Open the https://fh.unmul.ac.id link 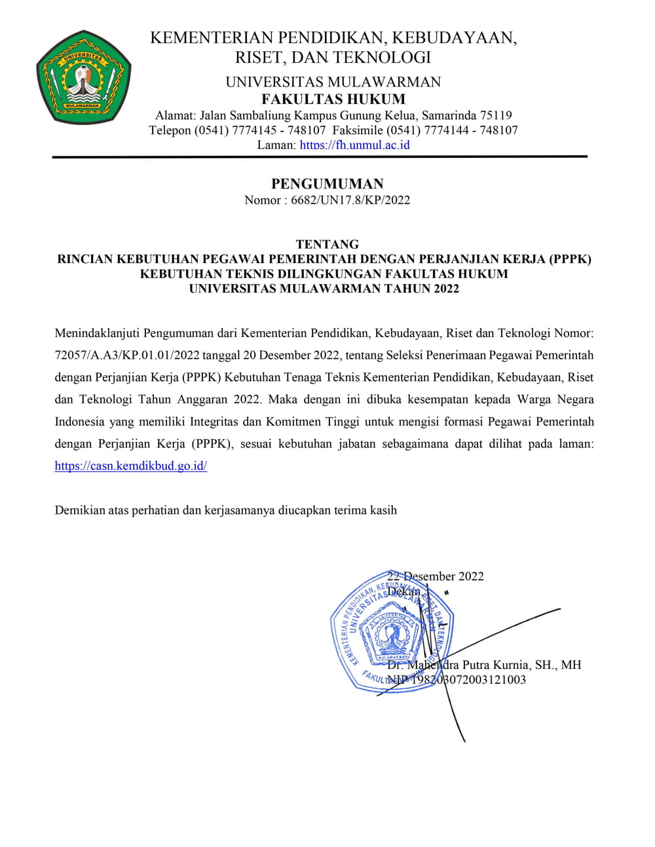[354, 145]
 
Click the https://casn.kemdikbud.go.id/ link [131, 466]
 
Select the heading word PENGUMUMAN [327, 184]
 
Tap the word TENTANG [327, 244]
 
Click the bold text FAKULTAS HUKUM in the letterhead [333, 99]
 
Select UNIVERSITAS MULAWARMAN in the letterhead [333, 82]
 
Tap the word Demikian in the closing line [79, 510]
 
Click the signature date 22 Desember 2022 [436, 577]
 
